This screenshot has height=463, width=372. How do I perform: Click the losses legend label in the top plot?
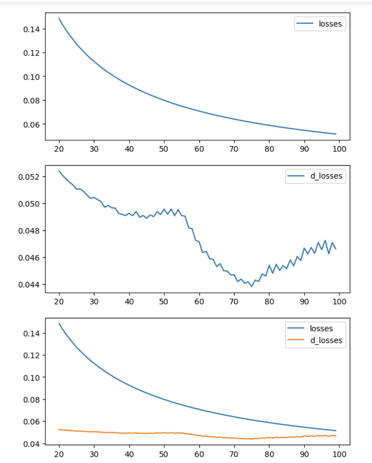coord(330,24)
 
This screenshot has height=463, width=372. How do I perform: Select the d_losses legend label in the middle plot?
coord(326,176)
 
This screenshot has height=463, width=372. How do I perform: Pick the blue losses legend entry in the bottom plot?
coord(321,328)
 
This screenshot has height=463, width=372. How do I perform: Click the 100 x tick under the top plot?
coord(339,149)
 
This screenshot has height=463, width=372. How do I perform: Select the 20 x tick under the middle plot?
coord(59,301)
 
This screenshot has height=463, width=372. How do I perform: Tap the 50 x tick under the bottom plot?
coord(164,454)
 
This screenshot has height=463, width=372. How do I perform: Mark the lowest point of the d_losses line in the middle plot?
coord(251,286)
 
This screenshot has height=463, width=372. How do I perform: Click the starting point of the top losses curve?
coord(59,18)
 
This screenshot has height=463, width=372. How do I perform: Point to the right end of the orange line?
coord(336,436)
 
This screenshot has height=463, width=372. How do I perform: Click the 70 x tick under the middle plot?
coord(234,301)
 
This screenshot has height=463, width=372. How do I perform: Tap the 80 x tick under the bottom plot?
coord(269,454)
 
